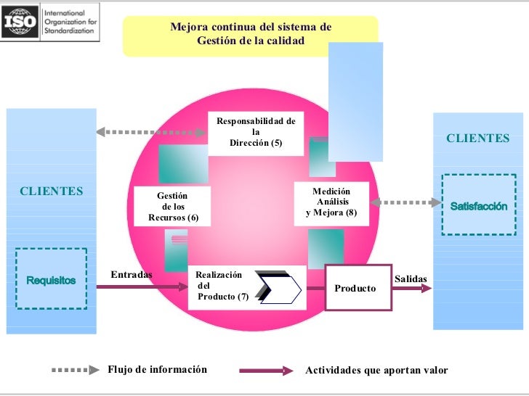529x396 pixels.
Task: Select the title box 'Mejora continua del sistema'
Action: click(x=250, y=34)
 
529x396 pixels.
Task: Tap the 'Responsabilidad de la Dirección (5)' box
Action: click(x=256, y=133)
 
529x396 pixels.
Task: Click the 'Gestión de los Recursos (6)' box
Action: click(x=172, y=206)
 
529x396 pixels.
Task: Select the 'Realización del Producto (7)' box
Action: click(x=246, y=288)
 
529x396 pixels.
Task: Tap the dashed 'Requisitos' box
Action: click(x=51, y=279)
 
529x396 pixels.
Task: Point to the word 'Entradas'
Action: click(x=132, y=274)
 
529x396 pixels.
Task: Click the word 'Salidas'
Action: click(x=411, y=279)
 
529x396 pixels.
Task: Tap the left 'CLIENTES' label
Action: click(x=51, y=191)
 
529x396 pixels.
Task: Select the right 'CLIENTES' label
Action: click(x=477, y=138)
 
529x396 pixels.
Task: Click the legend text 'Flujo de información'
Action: click(x=157, y=369)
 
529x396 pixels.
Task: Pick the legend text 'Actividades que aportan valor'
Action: click(x=376, y=370)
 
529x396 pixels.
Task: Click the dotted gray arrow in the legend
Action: click(x=75, y=370)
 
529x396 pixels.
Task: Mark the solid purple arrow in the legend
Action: click(x=266, y=370)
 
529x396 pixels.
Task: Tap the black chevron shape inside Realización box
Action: click(x=278, y=287)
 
